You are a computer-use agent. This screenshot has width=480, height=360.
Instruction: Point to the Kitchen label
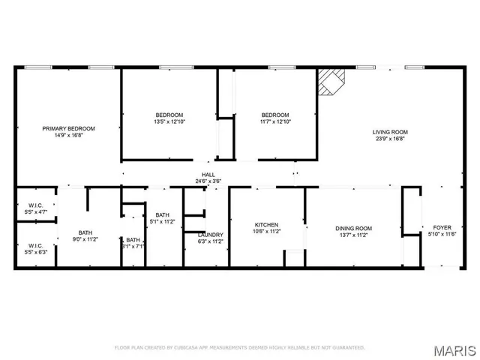(266, 225)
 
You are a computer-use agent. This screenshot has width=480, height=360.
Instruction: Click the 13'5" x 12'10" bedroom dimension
(169, 121)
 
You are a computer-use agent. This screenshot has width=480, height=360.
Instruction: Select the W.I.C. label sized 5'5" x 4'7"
(37, 206)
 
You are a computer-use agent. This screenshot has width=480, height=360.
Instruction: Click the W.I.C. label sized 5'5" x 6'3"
(37, 245)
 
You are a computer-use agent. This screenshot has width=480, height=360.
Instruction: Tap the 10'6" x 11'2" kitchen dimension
(266, 232)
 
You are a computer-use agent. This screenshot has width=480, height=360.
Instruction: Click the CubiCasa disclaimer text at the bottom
(239, 347)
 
